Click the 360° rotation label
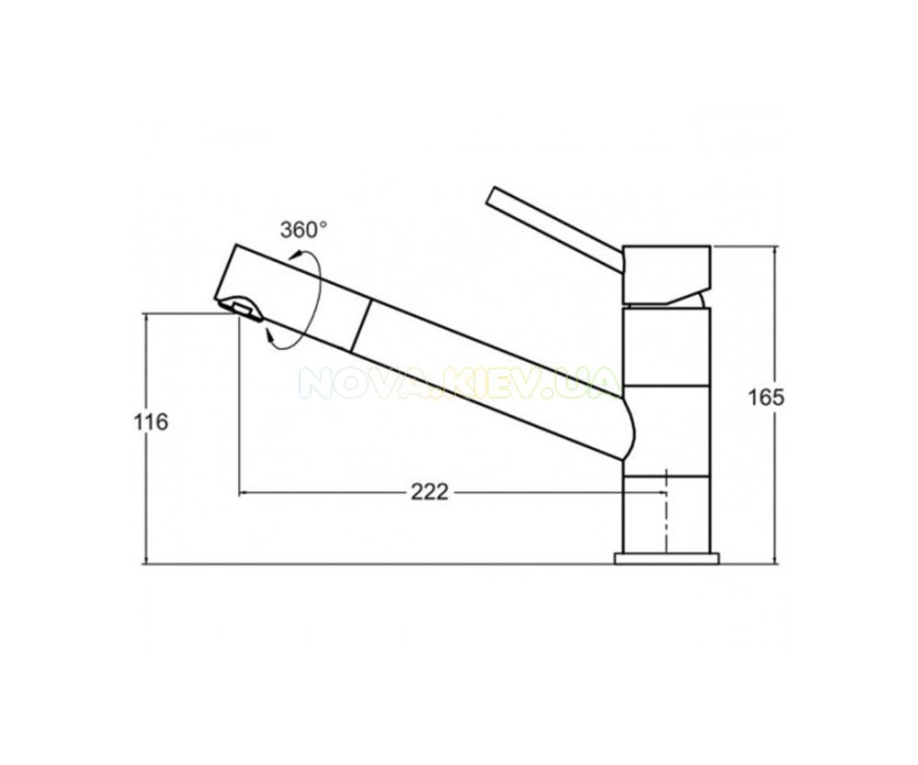pos(304,229)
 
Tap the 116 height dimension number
pos(151,422)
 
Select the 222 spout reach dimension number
pos(429,492)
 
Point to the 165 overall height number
pos(767,398)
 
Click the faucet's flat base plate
pos(666,558)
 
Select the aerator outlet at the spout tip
pos(240,307)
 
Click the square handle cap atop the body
pos(666,275)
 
